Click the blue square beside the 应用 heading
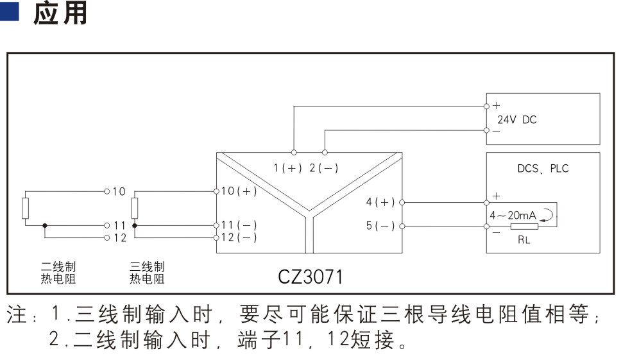click(x=9, y=12)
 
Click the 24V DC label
click(x=516, y=120)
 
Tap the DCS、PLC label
click(x=543, y=168)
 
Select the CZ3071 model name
click(x=310, y=277)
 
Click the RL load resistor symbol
click(x=524, y=227)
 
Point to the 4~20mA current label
click(x=513, y=216)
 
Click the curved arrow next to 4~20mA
click(x=547, y=215)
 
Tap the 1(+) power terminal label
click(x=287, y=168)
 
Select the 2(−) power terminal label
click(x=324, y=168)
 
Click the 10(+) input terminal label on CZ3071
click(x=239, y=191)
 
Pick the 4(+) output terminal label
click(x=380, y=201)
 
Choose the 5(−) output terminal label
click(x=380, y=226)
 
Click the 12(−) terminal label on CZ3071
click(x=239, y=237)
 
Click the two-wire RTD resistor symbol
click(x=25, y=208)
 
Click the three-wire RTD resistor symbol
click(x=135, y=208)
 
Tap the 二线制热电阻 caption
click(x=58, y=273)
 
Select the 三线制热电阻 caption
click(x=147, y=273)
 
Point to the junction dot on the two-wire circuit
click(x=45, y=226)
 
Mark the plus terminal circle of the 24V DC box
click(x=486, y=107)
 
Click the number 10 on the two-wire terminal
click(x=119, y=192)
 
